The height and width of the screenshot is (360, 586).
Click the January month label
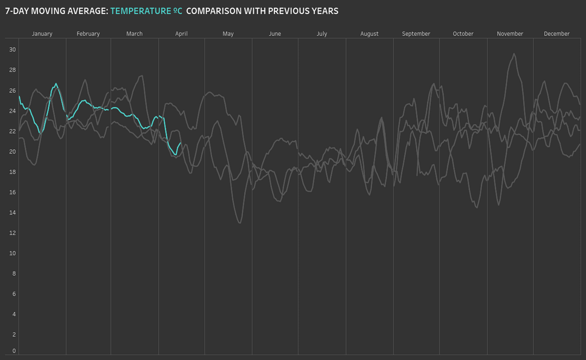click(x=42, y=34)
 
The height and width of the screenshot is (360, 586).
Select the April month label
click(x=181, y=34)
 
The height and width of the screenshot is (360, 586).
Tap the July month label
click(x=322, y=34)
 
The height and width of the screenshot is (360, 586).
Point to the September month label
click(x=416, y=34)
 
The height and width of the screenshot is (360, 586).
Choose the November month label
click(x=510, y=34)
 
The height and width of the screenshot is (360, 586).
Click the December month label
click(x=557, y=34)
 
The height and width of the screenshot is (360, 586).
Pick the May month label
click(x=228, y=34)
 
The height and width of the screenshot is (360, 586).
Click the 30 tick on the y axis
click(x=12, y=49)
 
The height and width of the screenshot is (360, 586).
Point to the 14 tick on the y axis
click(x=12, y=212)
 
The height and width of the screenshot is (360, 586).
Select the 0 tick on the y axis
click(x=14, y=351)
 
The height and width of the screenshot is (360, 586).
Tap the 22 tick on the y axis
click(x=12, y=131)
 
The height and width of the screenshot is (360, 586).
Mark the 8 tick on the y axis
click(x=14, y=274)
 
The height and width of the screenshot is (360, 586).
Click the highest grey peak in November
click(x=514, y=54)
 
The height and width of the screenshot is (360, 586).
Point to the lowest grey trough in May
click(x=240, y=223)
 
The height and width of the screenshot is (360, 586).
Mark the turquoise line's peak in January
click(x=56, y=84)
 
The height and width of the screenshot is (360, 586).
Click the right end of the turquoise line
click(x=181, y=143)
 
